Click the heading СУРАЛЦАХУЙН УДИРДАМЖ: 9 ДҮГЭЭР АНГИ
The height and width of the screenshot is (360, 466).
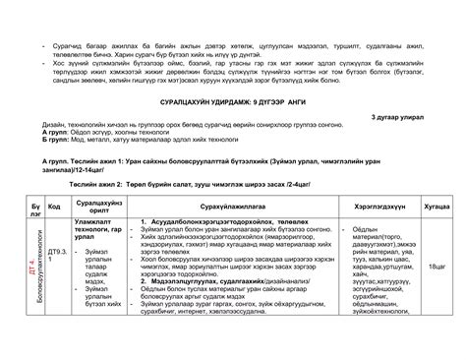[232, 102]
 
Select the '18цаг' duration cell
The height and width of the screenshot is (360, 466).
[436, 267]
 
